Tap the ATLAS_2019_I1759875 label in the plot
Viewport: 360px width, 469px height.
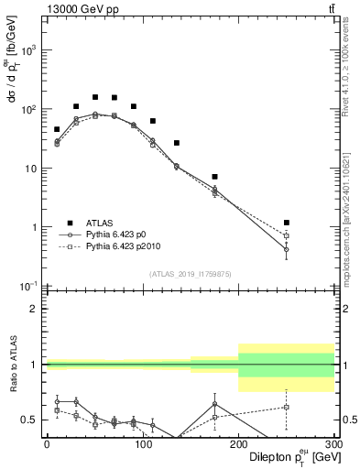point(190,273)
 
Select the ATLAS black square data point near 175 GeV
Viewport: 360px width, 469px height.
point(214,177)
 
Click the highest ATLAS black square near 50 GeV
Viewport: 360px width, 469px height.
point(95,97)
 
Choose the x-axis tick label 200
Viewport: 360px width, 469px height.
point(238,444)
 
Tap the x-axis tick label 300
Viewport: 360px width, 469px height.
point(333,444)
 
